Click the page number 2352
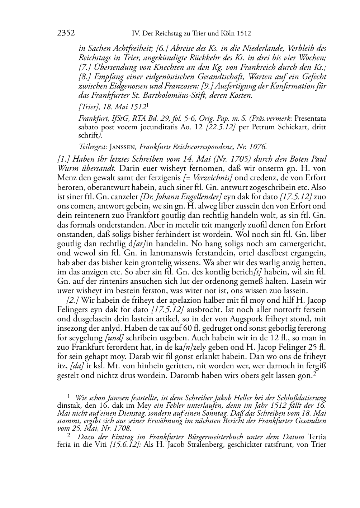pos(66,34)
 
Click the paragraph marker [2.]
pos(73,300)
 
